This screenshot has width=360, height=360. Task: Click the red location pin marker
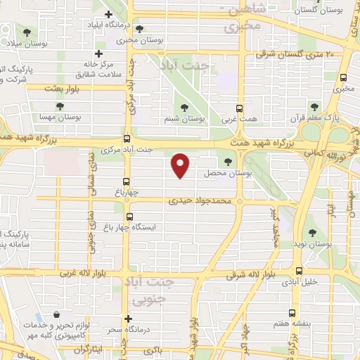click(x=181, y=165)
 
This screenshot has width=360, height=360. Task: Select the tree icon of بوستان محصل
click(x=226, y=162)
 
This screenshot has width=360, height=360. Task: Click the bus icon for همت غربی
click(x=240, y=108)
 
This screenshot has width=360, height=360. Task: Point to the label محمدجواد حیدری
click(x=200, y=201)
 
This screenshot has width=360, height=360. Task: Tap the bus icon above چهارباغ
click(x=127, y=181)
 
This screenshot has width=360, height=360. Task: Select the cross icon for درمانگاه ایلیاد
click(x=108, y=14)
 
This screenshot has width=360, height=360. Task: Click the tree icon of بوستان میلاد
click(x=27, y=32)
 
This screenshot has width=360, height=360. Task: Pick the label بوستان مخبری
click(x=141, y=41)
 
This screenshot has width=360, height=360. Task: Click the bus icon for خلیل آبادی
click(x=299, y=270)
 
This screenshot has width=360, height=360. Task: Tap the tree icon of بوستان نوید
click(x=312, y=233)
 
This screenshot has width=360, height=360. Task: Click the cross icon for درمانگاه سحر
click(x=127, y=319)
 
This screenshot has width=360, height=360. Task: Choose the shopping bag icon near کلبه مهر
click(x=56, y=315)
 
